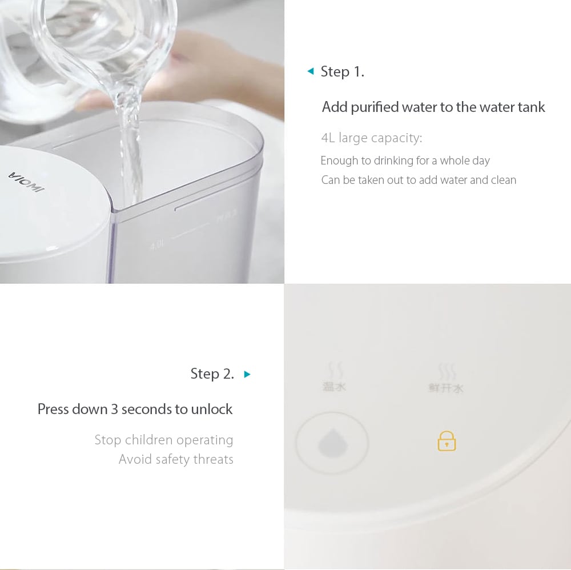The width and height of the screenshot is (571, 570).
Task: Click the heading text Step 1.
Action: pyautogui.click(x=342, y=72)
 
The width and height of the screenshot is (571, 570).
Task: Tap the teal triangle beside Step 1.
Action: pyautogui.click(x=311, y=71)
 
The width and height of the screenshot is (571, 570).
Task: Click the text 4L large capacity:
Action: pyautogui.click(x=371, y=138)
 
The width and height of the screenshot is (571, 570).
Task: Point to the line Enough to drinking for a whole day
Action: pyautogui.click(x=405, y=160)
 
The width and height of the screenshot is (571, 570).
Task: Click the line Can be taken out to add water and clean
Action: pyautogui.click(x=419, y=180)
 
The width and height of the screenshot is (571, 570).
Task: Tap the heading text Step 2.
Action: pyautogui.click(x=212, y=374)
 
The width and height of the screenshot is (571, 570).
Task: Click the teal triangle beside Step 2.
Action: pyautogui.click(x=247, y=375)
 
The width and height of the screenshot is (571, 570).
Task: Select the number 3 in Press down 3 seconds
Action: pyautogui.click(x=115, y=410)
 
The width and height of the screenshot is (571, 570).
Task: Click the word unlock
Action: pyautogui.click(x=212, y=410)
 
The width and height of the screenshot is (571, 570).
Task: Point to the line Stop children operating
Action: pyautogui.click(x=164, y=440)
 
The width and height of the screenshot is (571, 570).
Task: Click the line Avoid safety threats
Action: pyautogui.click(x=176, y=460)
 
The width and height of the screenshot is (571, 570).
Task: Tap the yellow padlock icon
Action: pyautogui.click(x=447, y=441)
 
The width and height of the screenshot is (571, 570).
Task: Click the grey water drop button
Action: pyautogui.click(x=332, y=443)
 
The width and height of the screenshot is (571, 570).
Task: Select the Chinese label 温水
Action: pyautogui.click(x=334, y=387)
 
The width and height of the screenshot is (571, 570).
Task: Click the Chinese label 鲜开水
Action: pyautogui.click(x=446, y=388)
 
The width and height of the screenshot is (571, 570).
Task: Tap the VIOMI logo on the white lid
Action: pyautogui.click(x=25, y=181)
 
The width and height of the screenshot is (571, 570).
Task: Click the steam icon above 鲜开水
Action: pyautogui.click(x=447, y=372)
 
